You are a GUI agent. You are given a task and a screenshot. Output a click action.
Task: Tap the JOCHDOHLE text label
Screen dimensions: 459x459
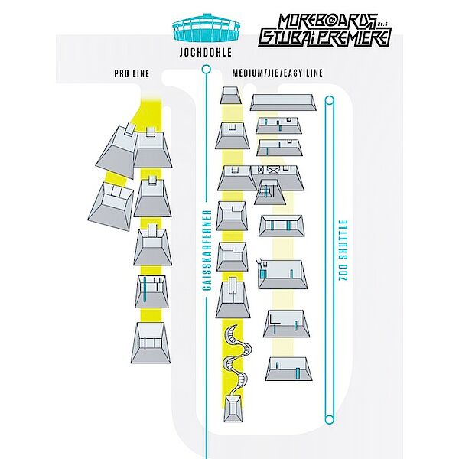coord(206,53)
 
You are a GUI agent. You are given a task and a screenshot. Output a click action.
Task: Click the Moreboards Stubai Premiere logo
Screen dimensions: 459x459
coord(324,30)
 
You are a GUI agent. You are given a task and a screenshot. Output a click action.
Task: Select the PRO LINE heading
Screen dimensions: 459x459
coord(132,73)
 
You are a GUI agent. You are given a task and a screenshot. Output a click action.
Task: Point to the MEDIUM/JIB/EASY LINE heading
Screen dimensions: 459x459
coord(278,73)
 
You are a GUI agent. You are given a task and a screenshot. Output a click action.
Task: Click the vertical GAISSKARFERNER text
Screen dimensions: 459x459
coord(207,251)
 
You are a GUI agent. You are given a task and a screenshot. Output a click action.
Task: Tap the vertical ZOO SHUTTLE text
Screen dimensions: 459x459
coord(343,250)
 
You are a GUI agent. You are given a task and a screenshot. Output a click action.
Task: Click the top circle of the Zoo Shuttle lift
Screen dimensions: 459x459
coord(330,101)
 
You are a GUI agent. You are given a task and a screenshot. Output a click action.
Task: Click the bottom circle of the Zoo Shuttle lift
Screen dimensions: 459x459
coord(330,419)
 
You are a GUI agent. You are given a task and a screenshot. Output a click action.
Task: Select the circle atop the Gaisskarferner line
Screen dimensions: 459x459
coord(207,70)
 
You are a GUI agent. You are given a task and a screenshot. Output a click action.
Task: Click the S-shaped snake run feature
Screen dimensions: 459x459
coord(238,360)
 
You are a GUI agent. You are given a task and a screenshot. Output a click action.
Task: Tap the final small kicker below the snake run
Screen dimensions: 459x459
coord(233,409)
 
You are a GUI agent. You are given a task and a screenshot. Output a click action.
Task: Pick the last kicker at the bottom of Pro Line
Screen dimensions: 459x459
coord(151,343)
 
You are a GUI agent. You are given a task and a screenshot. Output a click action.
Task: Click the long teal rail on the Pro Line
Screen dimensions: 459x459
coord(145,289)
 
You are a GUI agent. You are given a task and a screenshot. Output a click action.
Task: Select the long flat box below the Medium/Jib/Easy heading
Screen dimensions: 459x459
coord(283,103)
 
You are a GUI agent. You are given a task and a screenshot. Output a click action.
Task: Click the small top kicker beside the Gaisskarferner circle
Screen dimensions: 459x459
coord(231,95)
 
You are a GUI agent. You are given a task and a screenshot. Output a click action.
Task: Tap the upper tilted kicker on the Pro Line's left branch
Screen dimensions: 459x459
coord(117,151)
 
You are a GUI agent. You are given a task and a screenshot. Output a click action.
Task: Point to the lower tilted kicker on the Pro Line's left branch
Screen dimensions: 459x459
coord(110,207)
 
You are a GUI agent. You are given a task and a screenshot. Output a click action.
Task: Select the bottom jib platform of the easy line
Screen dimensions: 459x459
coord(288,369)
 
